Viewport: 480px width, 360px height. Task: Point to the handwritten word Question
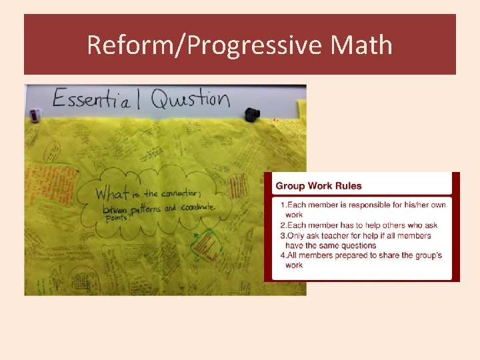190,99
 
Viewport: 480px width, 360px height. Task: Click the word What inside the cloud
111,194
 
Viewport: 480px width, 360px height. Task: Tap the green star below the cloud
195,235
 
